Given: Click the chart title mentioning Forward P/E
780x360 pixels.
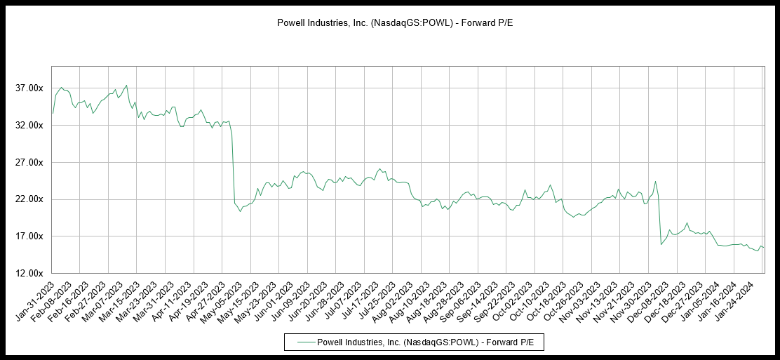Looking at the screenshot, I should coord(389,23).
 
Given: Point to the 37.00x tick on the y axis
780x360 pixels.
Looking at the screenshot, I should coord(30,88).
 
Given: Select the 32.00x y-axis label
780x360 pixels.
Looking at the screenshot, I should coord(30,126).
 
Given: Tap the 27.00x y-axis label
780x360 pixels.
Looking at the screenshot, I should coord(30,163).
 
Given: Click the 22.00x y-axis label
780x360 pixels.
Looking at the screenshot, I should coord(30,199).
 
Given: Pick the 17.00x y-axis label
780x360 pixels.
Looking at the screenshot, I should coord(30,236).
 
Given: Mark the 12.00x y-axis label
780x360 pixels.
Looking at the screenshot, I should coord(30,274).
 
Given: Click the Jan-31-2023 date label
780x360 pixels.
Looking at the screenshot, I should coord(35,298).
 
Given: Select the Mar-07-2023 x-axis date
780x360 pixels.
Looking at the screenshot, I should coord(119,298).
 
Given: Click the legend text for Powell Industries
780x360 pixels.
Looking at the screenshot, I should coord(420,342).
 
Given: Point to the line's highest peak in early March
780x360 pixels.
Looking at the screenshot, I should coord(126,86).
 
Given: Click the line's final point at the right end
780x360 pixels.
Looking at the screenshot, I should coord(764,248).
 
